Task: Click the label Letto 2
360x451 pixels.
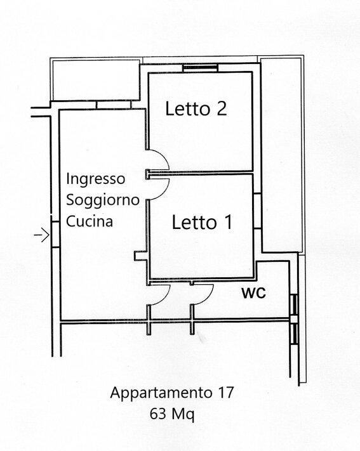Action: pyautogui.click(x=196, y=108)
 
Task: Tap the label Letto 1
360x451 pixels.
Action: pyautogui.click(x=202, y=222)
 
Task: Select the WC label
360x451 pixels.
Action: pyautogui.click(x=253, y=293)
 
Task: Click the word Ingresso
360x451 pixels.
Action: pyautogui.click(x=96, y=179)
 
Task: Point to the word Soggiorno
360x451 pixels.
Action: pyautogui.click(x=103, y=200)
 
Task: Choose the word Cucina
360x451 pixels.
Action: pyautogui.click(x=90, y=221)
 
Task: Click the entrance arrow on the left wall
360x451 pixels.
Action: pyautogui.click(x=42, y=235)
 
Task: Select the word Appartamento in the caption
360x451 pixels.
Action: pyautogui.click(x=161, y=393)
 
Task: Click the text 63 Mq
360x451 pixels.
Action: pyautogui.click(x=172, y=414)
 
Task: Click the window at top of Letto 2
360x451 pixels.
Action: pyautogui.click(x=201, y=68)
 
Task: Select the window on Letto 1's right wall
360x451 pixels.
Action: pyautogui.click(x=258, y=211)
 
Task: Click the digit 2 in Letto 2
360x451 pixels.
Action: pyautogui.click(x=222, y=108)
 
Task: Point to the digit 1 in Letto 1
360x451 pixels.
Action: pyautogui.click(x=229, y=222)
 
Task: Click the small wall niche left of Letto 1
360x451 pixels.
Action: pyautogui.click(x=141, y=256)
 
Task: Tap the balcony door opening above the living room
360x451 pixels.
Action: pyautogui.click(x=114, y=105)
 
